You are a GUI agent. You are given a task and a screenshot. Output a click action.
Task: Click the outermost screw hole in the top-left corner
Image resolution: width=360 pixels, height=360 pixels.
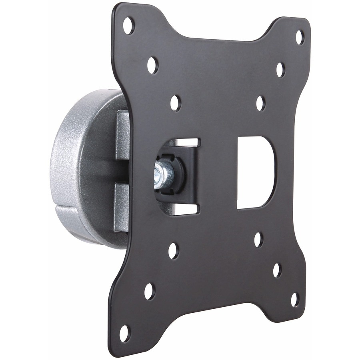click(x=128, y=26)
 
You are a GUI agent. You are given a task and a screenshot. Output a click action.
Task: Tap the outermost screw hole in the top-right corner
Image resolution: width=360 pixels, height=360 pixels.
click(x=299, y=37)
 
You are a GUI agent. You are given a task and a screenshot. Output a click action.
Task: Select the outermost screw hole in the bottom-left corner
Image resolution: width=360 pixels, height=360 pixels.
click(x=124, y=333)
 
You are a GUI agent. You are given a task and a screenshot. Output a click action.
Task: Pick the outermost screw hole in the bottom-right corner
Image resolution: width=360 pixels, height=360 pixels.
click(x=294, y=299)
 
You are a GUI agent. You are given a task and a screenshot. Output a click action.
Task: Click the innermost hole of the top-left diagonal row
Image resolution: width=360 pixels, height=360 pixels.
click(x=175, y=103)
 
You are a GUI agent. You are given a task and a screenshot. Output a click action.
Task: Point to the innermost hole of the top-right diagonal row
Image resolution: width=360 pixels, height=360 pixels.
click(x=260, y=103)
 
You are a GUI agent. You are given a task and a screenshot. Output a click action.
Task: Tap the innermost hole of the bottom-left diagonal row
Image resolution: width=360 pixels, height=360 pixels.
click(x=173, y=250)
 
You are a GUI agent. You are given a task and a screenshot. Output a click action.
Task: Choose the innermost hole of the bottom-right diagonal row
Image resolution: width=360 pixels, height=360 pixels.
click(x=258, y=239)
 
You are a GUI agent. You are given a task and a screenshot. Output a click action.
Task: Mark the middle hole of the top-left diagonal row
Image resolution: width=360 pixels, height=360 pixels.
click(x=152, y=65)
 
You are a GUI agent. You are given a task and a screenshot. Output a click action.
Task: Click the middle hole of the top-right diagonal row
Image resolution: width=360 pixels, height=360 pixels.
click(x=280, y=70)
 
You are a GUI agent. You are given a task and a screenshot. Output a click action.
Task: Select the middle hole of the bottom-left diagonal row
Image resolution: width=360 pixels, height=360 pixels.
click(x=149, y=291)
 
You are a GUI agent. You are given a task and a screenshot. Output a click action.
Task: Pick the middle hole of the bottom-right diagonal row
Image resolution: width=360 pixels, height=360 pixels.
click(x=277, y=270)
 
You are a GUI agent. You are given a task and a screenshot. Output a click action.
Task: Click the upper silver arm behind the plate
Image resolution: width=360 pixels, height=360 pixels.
click(x=122, y=134)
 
